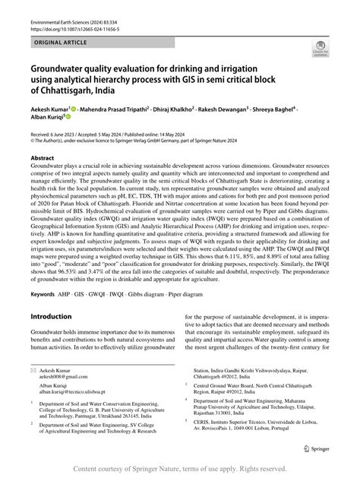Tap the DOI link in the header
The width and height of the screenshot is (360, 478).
[x=70, y=17]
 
